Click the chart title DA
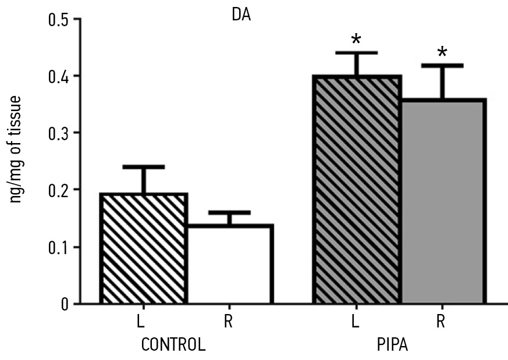coord(240,14)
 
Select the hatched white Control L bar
coord(144,248)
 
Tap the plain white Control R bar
coord(229,264)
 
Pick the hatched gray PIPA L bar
coord(357,190)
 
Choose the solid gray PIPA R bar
coord(443,201)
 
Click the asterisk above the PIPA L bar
coord(356,41)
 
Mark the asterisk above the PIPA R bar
coord(442,54)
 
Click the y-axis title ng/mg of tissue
coord(17,149)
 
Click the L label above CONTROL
coord(143,322)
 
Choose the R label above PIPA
coord(442,322)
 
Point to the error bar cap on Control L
coord(144,167)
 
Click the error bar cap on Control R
coord(229,212)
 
